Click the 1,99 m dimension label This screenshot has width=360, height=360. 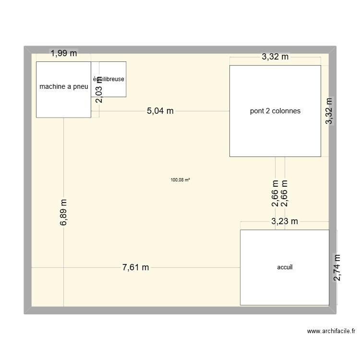[x=64, y=54]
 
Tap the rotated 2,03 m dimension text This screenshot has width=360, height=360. [x=99, y=89]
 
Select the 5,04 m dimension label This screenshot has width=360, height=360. [x=160, y=111]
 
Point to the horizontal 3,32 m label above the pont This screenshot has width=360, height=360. [x=275, y=57]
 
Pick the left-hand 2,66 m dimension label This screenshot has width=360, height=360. [x=275, y=194]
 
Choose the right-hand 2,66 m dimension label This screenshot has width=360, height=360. [x=285, y=194]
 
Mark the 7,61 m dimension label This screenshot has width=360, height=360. [x=136, y=267]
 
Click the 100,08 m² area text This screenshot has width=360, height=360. [x=180, y=180]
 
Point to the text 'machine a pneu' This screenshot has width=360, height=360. [x=63, y=86]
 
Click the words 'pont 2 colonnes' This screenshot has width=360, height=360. [x=275, y=111]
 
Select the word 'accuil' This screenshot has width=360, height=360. [x=285, y=267]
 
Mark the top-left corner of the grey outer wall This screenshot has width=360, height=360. [x=25, y=47]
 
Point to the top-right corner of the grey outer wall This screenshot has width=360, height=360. [x=335, y=47]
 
